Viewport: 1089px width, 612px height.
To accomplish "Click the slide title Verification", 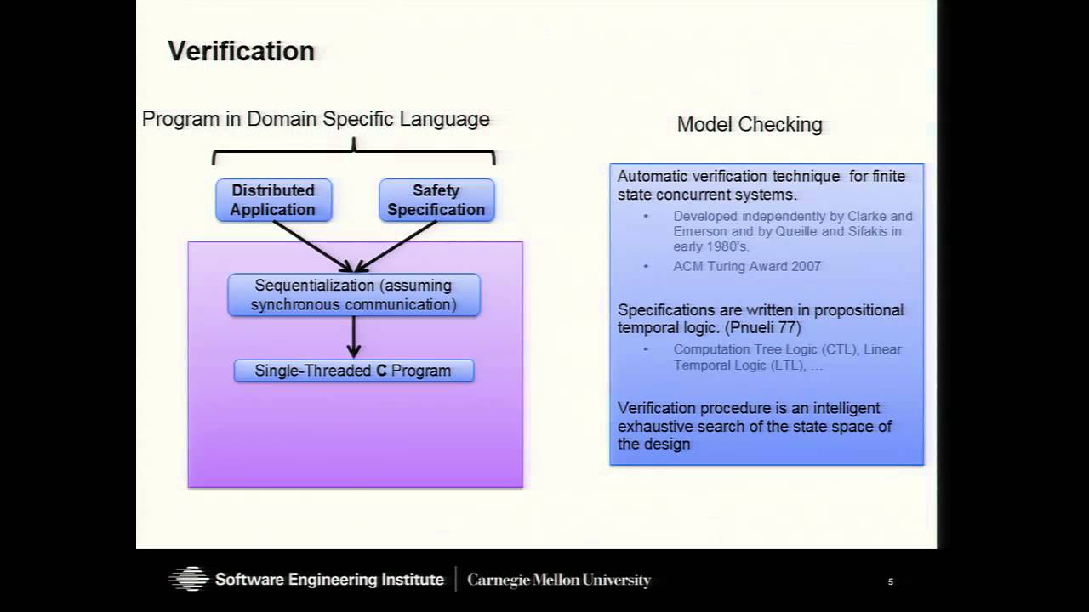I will (241, 51).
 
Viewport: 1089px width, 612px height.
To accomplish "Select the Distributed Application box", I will (273, 200).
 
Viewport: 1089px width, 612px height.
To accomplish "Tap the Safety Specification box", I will (436, 200).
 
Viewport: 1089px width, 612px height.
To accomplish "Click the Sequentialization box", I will (353, 295).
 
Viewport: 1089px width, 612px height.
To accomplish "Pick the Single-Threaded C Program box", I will (353, 371).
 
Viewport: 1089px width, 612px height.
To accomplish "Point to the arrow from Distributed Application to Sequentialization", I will (311, 246).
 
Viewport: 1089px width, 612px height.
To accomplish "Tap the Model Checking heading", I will (750, 125).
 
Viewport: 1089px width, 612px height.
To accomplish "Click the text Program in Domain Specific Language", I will (316, 119).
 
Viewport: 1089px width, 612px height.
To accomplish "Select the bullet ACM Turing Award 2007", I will (747, 266).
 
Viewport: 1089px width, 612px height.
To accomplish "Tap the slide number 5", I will (890, 581).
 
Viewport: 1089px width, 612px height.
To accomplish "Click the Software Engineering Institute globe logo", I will (188, 580).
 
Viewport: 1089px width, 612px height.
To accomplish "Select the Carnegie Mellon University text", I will (559, 581).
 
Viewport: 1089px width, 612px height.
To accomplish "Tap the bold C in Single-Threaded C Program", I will (381, 371).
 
